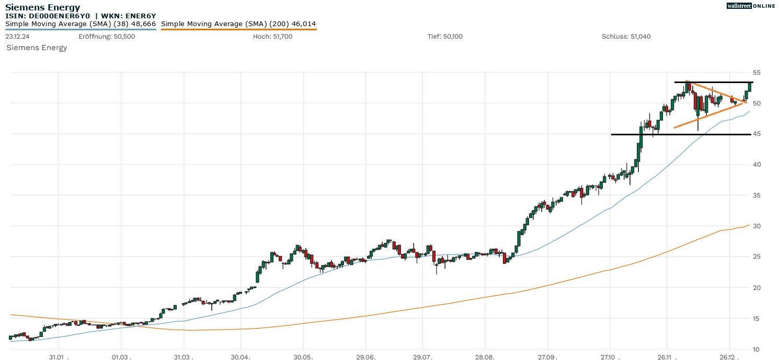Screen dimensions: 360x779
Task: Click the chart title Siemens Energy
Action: (43, 7)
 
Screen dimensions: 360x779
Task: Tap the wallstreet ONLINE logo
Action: (751, 6)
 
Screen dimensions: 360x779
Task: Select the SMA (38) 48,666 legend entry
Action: (81, 24)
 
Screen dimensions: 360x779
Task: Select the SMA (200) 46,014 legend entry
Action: (238, 24)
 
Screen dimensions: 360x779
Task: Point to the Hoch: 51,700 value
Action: (272, 37)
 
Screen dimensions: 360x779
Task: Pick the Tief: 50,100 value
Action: (445, 37)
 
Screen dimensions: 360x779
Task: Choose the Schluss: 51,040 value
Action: (626, 37)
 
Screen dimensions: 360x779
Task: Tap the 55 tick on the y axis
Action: (757, 72)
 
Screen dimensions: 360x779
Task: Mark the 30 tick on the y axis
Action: (757, 226)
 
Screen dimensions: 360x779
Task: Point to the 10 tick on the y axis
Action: (757, 349)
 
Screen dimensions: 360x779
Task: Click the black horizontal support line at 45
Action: (680, 134)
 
